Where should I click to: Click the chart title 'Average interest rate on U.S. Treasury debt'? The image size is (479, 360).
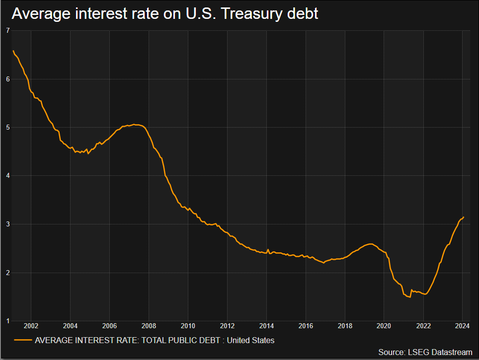(165, 14)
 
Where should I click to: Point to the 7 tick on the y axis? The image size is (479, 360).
(7, 31)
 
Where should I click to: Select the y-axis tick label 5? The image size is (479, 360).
(7, 128)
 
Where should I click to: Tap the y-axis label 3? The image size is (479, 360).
(7, 224)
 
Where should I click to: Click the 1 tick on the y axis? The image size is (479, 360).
(7, 321)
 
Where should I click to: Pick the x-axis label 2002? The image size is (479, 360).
(31, 326)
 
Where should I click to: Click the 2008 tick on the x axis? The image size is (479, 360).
(149, 326)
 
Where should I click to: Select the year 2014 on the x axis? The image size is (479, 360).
(266, 326)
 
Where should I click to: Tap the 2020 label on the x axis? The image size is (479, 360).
(384, 326)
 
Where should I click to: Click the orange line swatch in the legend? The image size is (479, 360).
(22, 340)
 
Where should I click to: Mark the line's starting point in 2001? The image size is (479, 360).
(13, 51)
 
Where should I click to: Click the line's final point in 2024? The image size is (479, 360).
(464, 217)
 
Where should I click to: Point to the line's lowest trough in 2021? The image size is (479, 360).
(409, 297)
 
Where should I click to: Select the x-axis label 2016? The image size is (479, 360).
(306, 326)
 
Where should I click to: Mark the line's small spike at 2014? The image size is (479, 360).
(268, 249)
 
